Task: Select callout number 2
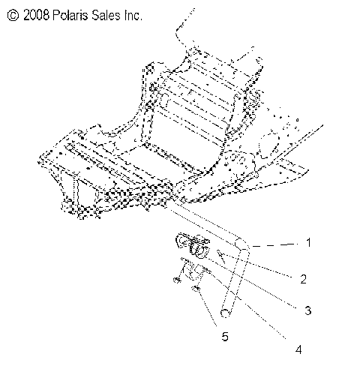coord(302,279)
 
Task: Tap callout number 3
coord(308,309)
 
